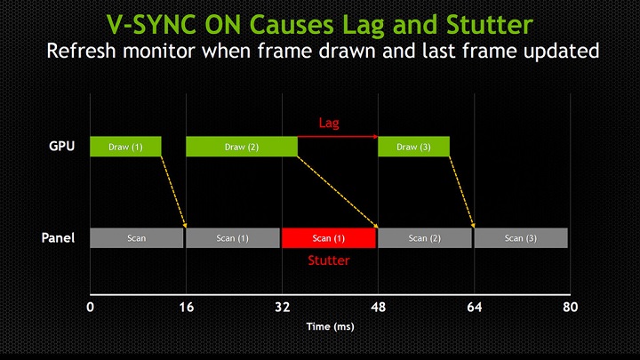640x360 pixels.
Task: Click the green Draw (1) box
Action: tap(125, 147)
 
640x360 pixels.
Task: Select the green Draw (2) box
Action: tap(242, 147)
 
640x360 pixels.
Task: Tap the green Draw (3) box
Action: tap(413, 147)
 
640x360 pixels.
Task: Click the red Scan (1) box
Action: tap(329, 238)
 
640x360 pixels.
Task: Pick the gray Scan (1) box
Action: tap(233, 238)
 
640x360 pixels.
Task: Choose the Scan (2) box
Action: tap(425, 238)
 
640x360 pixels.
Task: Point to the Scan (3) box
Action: tap(521, 238)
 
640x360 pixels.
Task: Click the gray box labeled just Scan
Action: tap(137, 238)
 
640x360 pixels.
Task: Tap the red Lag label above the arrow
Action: tap(329, 123)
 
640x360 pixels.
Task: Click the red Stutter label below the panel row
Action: tap(329, 260)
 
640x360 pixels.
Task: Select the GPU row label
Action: tap(61, 146)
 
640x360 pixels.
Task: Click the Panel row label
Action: tap(58, 237)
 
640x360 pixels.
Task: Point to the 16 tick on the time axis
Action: tap(187, 307)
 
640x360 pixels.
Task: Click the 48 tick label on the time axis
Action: tap(379, 307)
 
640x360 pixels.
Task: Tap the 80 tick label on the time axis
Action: tap(570, 307)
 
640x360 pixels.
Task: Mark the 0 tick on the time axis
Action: tap(90, 307)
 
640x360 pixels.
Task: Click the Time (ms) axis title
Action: tap(330, 326)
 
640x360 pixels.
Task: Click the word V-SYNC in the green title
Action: tap(153, 25)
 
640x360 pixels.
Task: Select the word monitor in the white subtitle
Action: tap(159, 51)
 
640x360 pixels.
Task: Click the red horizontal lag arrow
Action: tap(338, 137)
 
